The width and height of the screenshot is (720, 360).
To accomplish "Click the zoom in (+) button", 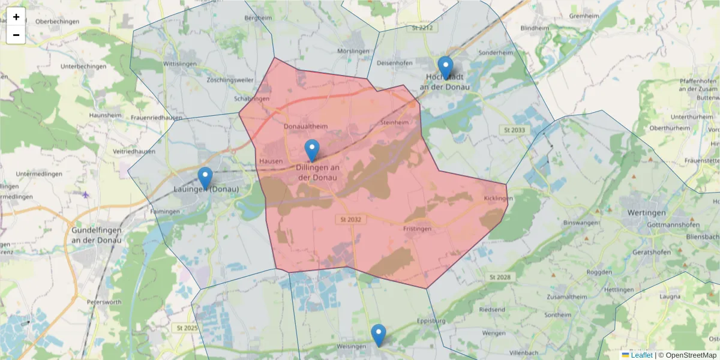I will [16, 17].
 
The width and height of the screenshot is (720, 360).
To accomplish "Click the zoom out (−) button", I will [16, 35].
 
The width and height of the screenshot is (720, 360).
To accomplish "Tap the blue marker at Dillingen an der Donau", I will [312, 151].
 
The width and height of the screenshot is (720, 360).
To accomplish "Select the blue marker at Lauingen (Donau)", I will [205, 178].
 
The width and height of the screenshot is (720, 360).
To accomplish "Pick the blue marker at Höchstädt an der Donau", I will [445, 68].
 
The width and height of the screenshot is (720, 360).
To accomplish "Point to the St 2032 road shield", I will [349, 220].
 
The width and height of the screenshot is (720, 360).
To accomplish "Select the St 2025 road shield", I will [187, 328].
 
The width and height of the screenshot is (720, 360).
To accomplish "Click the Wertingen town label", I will [646, 213].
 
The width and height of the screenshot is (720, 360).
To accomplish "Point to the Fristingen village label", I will [418, 229].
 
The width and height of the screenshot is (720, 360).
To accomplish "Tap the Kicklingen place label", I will [498, 198].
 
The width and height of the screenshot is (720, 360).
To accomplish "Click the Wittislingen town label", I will [181, 63].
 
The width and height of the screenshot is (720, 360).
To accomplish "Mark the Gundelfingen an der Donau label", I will [96, 235].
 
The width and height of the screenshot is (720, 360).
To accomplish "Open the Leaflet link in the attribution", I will [641, 355].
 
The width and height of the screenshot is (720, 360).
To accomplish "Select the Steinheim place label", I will [394, 122].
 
